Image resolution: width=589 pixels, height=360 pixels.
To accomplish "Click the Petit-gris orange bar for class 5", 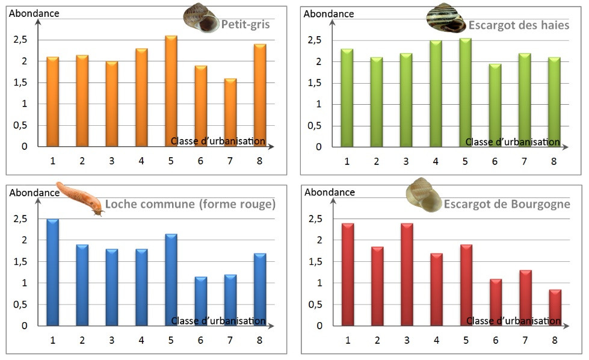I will pyautogui.click(x=171, y=91).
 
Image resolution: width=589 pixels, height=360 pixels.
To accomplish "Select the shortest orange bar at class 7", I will pyautogui.click(x=230, y=113).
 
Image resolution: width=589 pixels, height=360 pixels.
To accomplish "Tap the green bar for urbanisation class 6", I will pyautogui.click(x=494, y=105).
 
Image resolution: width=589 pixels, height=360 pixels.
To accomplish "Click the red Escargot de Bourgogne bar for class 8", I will pyautogui.click(x=555, y=308).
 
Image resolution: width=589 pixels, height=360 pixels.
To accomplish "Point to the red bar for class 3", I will pyautogui.click(x=406, y=275).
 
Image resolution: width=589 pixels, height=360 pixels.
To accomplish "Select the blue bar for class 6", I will pyautogui.click(x=200, y=301).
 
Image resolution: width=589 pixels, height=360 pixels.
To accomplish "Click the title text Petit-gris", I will pyautogui.click(x=245, y=25).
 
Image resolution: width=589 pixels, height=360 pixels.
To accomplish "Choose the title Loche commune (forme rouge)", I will pyautogui.click(x=190, y=204).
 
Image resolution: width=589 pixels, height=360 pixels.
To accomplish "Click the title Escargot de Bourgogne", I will pyautogui.click(x=507, y=204).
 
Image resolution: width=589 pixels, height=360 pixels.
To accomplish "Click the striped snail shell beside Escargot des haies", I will pyautogui.click(x=446, y=17).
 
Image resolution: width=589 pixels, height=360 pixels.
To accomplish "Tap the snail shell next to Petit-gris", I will pyautogui.click(x=200, y=17).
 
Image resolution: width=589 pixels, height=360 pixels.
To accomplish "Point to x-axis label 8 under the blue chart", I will pyautogui.click(x=259, y=340).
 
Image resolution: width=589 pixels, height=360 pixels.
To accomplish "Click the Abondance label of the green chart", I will pyautogui.click(x=330, y=13).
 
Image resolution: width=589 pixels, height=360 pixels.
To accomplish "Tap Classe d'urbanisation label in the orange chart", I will pyautogui.click(x=218, y=141).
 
